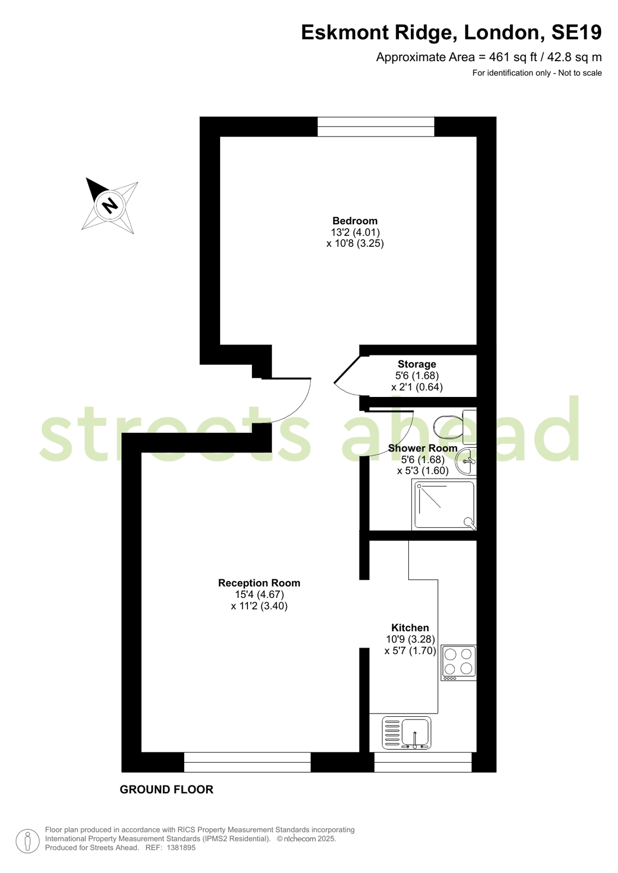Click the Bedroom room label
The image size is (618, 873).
tap(355, 221)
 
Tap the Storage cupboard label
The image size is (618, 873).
tap(417, 364)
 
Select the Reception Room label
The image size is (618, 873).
tap(259, 583)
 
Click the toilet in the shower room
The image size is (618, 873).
tap(455, 427)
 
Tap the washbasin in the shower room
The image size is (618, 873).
tap(466, 461)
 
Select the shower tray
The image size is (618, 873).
tap(444, 506)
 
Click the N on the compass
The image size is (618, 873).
tap(110, 205)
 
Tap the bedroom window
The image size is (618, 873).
tap(376, 127)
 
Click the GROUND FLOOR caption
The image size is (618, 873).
tap(167, 789)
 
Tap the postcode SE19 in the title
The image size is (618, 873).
tap(576, 32)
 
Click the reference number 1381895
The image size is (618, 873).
tap(181, 848)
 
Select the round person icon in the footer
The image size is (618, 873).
tap(28, 841)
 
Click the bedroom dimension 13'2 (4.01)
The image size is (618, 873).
tap(355, 232)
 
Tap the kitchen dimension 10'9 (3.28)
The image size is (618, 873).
tap(410, 639)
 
